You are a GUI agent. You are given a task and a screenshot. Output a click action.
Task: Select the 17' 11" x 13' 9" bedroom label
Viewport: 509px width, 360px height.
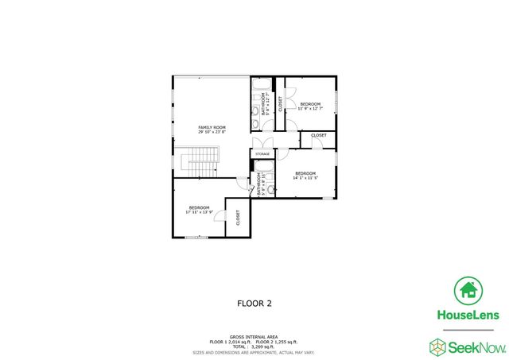pos(199,209)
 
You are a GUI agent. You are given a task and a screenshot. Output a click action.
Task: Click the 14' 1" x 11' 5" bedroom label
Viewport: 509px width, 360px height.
pos(305,175)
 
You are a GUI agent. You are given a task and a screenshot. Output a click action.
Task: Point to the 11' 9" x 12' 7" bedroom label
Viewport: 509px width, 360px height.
pos(310,106)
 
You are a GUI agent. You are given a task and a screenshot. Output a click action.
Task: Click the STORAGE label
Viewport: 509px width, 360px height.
pos(262,153)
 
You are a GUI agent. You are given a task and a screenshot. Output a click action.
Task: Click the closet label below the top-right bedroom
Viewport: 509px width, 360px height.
pos(318,136)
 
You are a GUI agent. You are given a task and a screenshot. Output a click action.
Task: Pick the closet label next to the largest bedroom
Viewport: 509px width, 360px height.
pos(238,218)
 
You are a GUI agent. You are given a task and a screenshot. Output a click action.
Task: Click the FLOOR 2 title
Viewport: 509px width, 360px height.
pos(254,303)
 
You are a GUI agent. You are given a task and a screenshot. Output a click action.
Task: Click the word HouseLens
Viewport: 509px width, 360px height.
pos(468,315)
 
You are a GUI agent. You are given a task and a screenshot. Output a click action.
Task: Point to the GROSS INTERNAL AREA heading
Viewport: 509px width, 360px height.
pos(254,336)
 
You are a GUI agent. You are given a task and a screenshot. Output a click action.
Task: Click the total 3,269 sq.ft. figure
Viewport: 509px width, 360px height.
pos(254,346)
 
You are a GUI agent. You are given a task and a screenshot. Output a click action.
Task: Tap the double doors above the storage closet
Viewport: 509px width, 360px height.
pos(262,143)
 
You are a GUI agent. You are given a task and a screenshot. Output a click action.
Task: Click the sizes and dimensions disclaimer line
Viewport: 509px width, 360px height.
pos(254,351)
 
